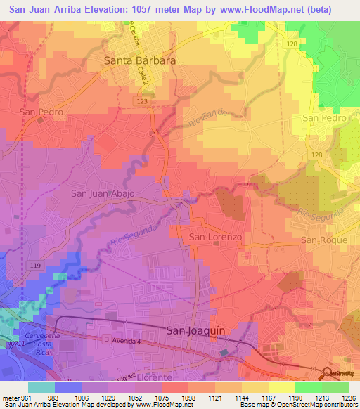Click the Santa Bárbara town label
[140, 60]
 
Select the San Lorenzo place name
[216, 238]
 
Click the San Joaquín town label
[197, 330]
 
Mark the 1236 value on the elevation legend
[349, 398]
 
